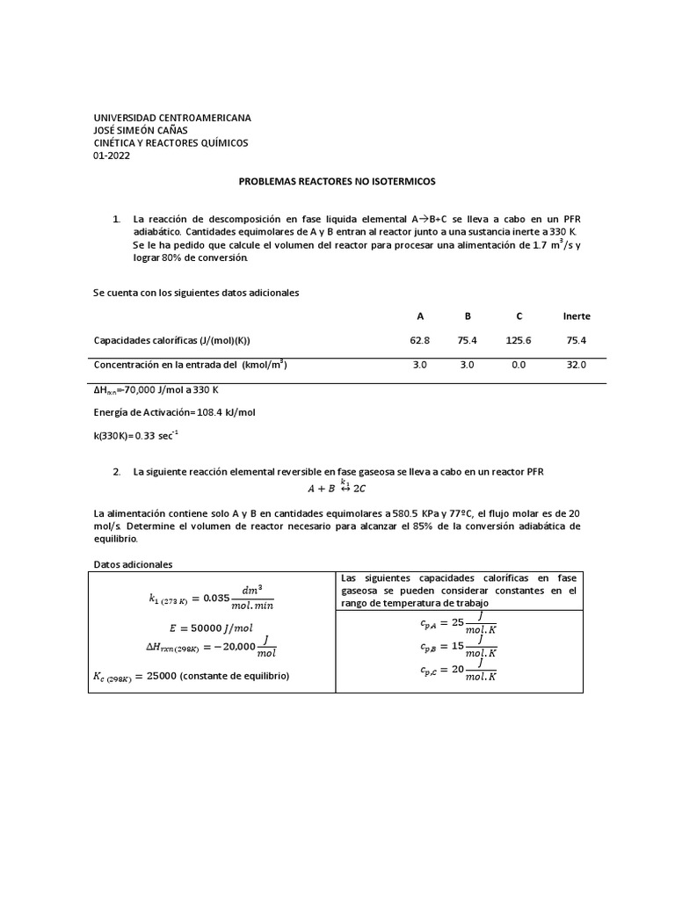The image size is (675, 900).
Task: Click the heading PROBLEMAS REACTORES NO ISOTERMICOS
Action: (x=337, y=181)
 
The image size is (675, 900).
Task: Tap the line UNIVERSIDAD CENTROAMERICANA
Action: (x=172, y=118)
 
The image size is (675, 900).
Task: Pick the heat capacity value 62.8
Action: (x=419, y=340)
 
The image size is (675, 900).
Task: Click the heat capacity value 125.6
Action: (x=519, y=340)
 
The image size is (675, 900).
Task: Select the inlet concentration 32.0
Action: (x=576, y=364)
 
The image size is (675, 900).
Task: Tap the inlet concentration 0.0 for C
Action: (x=519, y=364)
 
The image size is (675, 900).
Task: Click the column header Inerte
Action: (x=576, y=316)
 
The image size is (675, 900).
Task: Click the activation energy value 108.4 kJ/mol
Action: (x=218, y=411)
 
